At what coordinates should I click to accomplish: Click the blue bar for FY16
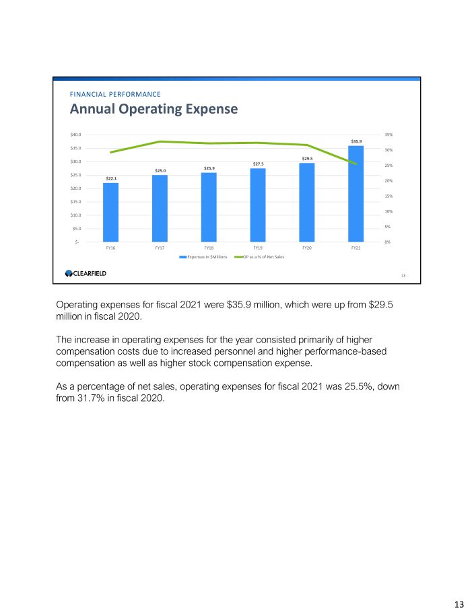click(111, 212)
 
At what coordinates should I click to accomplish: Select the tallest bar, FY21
click(356, 193)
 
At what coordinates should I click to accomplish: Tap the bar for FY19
click(258, 205)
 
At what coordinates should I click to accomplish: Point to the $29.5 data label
click(307, 158)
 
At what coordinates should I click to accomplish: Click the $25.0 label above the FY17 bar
click(160, 170)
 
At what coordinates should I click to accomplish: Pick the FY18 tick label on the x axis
click(209, 248)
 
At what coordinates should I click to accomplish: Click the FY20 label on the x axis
click(307, 248)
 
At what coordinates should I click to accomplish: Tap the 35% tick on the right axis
click(389, 135)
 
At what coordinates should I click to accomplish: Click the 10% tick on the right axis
click(389, 211)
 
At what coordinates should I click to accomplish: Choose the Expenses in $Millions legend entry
click(206, 257)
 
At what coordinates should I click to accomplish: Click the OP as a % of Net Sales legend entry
click(263, 257)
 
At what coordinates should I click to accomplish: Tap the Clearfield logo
click(86, 273)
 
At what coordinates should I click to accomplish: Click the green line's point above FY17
click(160, 141)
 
